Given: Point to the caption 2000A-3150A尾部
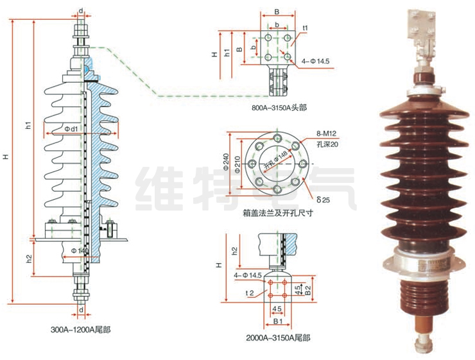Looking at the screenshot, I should pos(277,338).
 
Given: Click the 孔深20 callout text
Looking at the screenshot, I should pos(327,144).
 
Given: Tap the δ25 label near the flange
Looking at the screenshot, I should pos(323,200).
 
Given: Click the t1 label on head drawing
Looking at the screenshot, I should pos(306,28).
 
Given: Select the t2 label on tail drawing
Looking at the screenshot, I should pos(251,293).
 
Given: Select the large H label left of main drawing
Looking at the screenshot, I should pos(6,156).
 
